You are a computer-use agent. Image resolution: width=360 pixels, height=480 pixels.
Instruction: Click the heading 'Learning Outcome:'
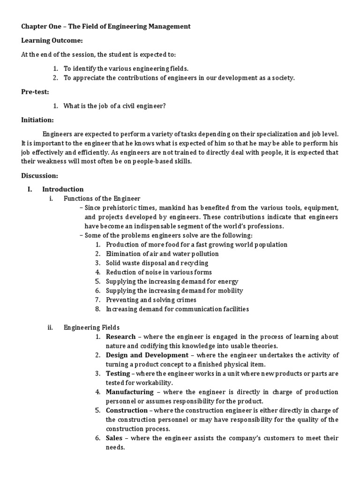[x=52, y=41]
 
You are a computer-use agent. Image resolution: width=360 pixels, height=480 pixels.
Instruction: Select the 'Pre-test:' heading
[x=35, y=92]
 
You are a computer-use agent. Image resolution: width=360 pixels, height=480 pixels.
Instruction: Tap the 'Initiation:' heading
[x=37, y=120]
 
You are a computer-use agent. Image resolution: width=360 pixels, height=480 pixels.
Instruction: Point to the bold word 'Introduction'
[x=63, y=189]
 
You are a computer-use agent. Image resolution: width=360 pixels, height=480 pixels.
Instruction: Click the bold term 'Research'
[x=120, y=337]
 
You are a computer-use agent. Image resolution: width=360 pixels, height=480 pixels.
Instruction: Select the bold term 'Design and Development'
[x=147, y=355]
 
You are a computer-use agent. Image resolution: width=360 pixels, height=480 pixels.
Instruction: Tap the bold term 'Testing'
[x=118, y=374]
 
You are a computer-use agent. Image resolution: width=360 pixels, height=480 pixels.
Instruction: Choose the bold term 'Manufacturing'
[x=129, y=392]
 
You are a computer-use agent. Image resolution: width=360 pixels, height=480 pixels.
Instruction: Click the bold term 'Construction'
[x=127, y=410]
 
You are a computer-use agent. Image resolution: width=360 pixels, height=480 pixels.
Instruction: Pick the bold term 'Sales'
[x=114, y=438]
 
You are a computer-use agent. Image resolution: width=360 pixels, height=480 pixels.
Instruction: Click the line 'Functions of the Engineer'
[x=102, y=198]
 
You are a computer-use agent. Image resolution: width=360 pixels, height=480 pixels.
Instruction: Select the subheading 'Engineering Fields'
[x=92, y=327]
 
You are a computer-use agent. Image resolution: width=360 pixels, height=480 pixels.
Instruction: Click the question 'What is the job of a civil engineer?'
[x=115, y=106]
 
